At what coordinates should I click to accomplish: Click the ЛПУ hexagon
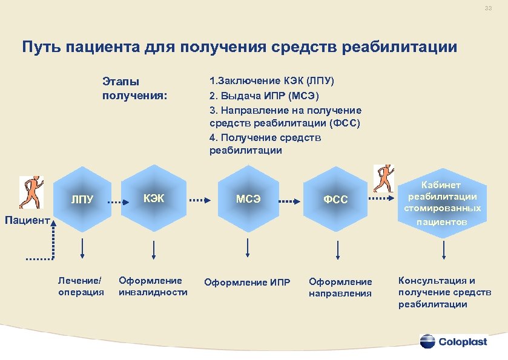82,199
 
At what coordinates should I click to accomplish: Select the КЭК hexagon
154,198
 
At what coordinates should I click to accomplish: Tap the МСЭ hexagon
248,198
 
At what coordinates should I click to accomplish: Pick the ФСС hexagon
335,198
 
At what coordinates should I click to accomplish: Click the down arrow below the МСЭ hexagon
248,247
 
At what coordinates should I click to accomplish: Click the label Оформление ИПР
248,283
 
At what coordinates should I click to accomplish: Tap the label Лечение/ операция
81,286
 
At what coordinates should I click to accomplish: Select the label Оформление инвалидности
153,286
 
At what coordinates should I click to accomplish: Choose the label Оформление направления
340,287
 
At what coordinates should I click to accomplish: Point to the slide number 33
488,8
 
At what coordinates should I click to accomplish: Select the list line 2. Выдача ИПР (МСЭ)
263,96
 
